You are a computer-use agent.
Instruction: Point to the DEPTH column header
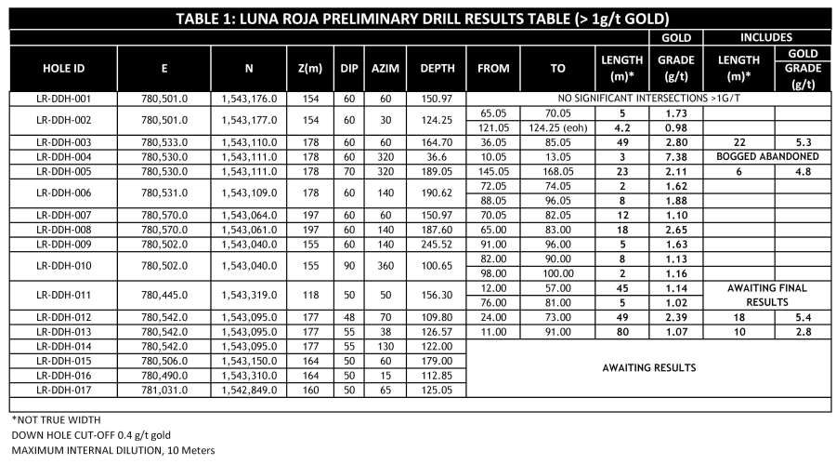tap(436, 68)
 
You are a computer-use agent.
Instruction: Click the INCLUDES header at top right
tap(765, 37)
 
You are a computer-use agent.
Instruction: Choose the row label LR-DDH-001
tap(64, 98)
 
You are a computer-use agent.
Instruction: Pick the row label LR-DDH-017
tap(64, 391)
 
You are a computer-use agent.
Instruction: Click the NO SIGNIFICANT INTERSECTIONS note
tap(647, 98)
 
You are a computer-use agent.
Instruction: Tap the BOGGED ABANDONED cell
tap(765, 156)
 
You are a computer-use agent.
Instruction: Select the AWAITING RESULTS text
tap(647, 368)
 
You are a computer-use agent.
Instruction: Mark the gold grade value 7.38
tap(674, 156)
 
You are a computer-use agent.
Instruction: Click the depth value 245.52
tap(436, 245)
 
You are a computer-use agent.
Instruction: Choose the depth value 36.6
tap(436, 156)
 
